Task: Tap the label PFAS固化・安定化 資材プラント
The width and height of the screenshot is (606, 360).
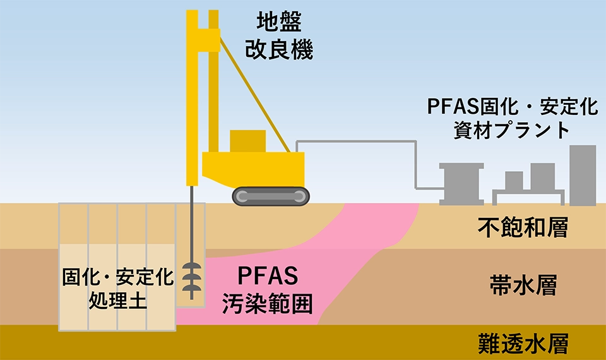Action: (x=513, y=117)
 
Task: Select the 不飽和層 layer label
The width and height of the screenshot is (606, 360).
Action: (x=523, y=227)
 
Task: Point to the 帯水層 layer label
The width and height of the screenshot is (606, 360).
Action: (x=523, y=285)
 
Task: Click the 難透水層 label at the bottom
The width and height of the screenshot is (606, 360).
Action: (x=523, y=344)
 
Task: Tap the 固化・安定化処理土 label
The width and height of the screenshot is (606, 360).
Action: (x=118, y=288)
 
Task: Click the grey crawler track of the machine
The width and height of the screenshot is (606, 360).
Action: (x=271, y=196)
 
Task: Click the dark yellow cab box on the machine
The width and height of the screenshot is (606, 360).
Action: (x=247, y=141)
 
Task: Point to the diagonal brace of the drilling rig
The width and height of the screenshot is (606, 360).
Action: (x=255, y=93)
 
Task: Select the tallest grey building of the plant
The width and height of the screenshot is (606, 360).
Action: (x=583, y=175)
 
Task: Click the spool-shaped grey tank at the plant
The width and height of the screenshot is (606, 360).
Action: (x=461, y=184)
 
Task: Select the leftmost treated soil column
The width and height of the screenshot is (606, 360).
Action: (x=73, y=267)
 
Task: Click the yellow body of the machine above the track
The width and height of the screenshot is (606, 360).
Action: (x=253, y=169)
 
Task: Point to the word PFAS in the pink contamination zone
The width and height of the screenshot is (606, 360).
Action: (x=268, y=276)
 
